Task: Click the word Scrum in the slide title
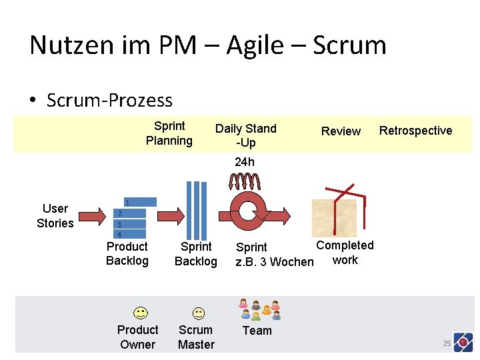pyautogui.click(x=349, y=45)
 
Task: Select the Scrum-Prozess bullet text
pyautogui.click(x=109, y=101)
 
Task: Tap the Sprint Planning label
pyautogui.click(x=169, y=133)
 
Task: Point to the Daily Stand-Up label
pyautogui.click(x=245, y=135)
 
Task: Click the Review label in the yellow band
pyautogui.click(x=341, y=131)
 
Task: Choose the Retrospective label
pyautogui.click(x=415, y=131)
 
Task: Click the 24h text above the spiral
pyautogui.click(x=245, y=162)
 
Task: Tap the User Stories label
pyautogui.click(x=55, y=216)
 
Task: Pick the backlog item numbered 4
pyautogui.click(x=127, y=235)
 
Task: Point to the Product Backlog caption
pyautogui.click(x=127, y=254)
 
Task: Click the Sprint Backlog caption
pyautogui.click(x=195, y=254)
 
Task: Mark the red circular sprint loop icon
pyautogui.click(x=247, y=211)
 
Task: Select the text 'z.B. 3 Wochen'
pyautogui.click(x=274, y=262)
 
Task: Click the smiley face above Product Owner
pyautogui.click(x=139, y=313)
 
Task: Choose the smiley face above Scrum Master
pyautogui.click(x=199, y=313)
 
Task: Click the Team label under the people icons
pyautogui.click(x=257, y=331)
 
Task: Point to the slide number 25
pyautogui.click(x=447, y=343)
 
